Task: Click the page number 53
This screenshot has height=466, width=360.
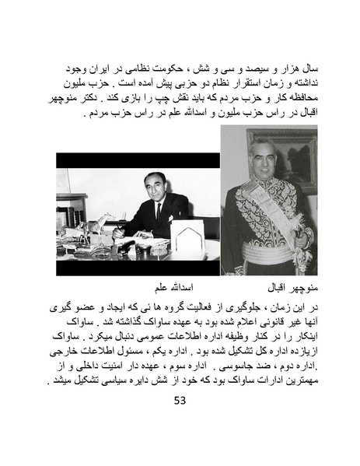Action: click(x=180, y=401)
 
